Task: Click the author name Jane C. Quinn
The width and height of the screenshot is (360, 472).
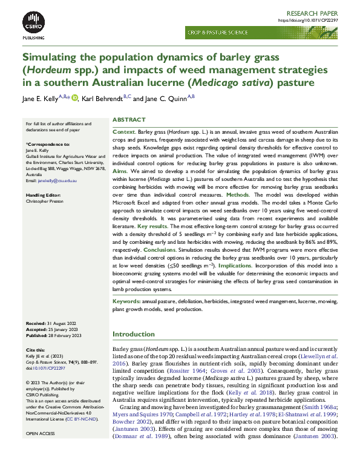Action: click(168, 99)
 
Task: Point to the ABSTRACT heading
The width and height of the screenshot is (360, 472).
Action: click(129, 120)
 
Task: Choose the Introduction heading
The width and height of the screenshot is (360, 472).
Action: click(134, 334)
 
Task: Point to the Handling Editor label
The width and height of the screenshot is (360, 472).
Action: click(45, 195)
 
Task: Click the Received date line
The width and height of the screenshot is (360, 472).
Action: click(52, 324)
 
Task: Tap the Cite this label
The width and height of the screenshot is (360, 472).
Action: click(36, 350)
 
